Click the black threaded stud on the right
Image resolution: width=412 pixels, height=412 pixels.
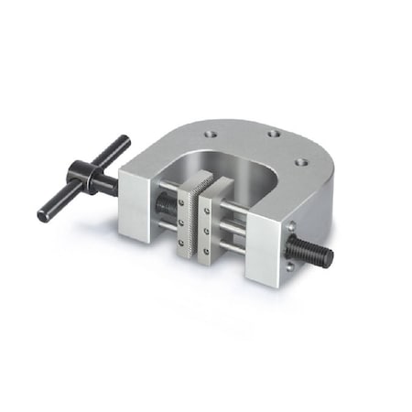(x=317, y=251)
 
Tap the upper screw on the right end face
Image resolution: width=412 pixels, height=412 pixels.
(x=291, y=225)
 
